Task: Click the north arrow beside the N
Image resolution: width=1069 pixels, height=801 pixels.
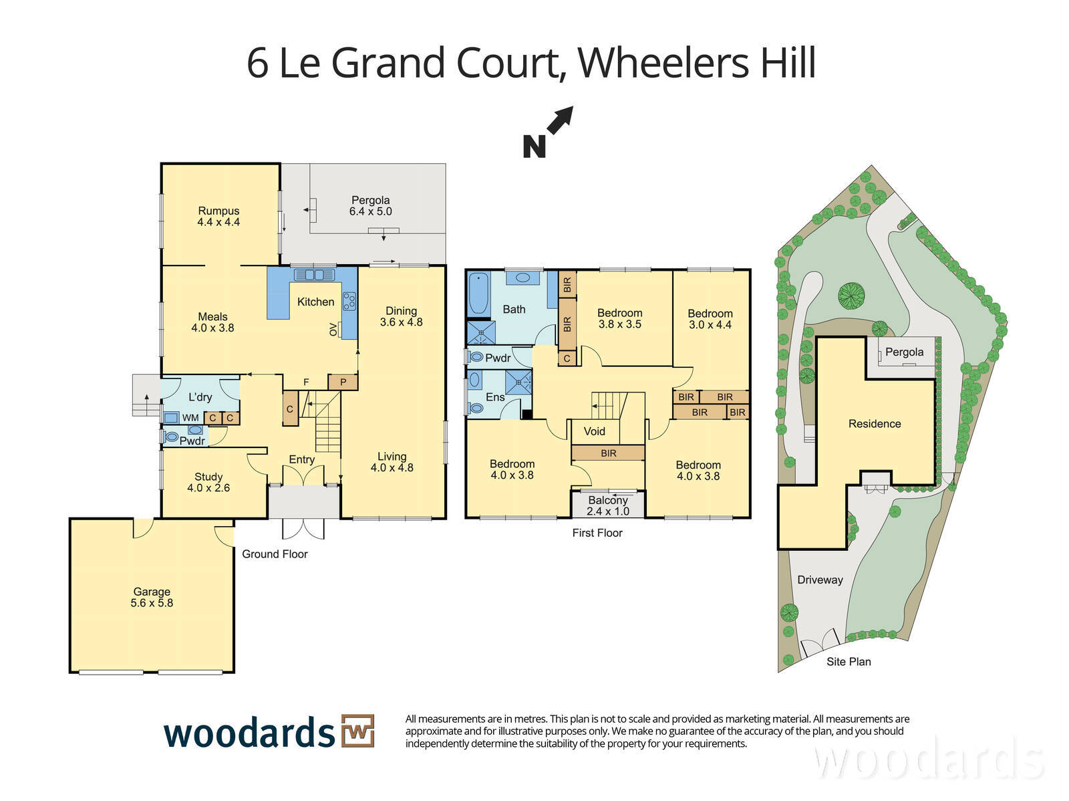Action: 560,120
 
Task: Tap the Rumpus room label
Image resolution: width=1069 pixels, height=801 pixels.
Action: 218,211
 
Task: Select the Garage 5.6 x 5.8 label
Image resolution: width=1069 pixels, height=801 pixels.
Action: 152,597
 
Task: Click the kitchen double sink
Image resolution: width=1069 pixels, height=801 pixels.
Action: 314,275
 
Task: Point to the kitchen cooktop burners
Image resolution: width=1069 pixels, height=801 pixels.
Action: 349,301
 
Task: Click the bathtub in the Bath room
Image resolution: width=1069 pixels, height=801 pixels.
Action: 478,294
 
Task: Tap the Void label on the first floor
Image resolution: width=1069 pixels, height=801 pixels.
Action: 594,431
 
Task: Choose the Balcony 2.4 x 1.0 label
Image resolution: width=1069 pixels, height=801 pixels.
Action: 608,505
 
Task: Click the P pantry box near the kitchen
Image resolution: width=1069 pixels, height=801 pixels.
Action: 343,382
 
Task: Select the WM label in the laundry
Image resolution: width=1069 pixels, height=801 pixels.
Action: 190,418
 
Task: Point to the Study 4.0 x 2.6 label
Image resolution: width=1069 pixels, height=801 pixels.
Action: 208,482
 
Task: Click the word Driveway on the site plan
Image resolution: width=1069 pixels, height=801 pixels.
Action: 820,580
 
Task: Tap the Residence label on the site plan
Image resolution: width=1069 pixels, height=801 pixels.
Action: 874,423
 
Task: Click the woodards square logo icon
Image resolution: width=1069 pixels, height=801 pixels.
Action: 357,731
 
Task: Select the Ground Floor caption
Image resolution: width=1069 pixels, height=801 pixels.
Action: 275,554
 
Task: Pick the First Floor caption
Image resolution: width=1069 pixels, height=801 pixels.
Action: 597,533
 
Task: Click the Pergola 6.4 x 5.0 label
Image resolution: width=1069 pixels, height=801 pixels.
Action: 370,206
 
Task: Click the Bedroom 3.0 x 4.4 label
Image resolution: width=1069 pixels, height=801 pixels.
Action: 710,319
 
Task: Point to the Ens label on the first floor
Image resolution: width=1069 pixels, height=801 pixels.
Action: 495,397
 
